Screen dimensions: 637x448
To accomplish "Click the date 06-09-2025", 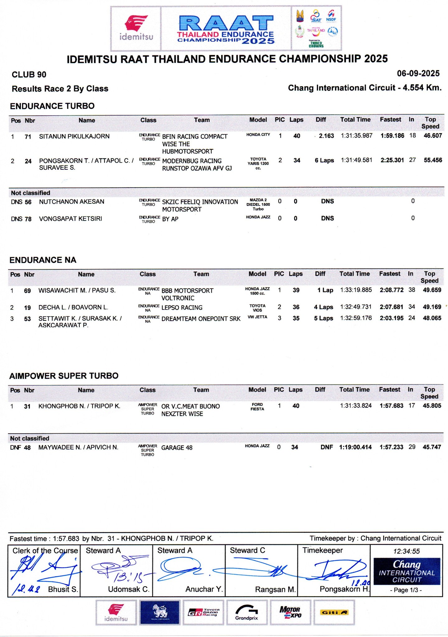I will point(418,74).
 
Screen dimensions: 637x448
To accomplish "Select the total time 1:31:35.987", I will point(357,136).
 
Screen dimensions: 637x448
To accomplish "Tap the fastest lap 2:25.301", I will point(392,160).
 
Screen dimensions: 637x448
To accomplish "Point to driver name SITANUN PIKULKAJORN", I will point(74,136).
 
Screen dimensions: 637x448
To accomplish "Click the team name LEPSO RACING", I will point(182,308).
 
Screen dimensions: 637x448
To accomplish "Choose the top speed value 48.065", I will point(432,318).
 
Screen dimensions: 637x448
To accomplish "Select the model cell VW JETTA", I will point(257,317).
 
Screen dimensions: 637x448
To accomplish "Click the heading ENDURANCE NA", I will point(43,260).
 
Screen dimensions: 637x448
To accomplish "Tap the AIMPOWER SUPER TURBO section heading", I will point(64,376).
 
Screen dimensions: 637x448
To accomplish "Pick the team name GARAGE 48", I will point(177,448).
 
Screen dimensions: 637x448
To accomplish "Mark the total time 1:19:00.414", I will point(355,447).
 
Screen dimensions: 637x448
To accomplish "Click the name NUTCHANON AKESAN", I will point(72,202).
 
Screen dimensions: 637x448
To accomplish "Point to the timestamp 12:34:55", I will point(406,551).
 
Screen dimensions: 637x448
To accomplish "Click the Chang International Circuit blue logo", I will point(407,571).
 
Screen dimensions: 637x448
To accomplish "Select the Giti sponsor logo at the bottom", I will point(334,612).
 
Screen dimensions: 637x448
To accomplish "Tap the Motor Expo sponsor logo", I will point(290,612).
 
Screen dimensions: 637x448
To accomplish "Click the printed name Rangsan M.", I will point(275,589).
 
